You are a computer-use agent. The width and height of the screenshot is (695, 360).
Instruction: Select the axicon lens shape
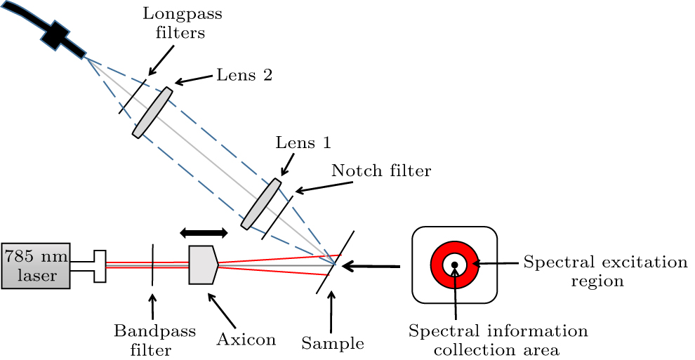tap(203, 265)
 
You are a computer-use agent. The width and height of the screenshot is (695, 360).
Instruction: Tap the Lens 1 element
tap(260, 204)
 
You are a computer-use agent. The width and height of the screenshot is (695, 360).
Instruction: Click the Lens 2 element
tap(152, 112)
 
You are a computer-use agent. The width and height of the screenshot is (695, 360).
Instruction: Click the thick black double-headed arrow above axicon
tap(204, 232)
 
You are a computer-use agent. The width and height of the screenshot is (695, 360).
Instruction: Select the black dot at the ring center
tap(454, 265)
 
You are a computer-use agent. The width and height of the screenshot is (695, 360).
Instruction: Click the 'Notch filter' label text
tap(380, 170)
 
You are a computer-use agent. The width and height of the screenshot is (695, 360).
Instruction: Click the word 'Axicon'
tap(246, 340)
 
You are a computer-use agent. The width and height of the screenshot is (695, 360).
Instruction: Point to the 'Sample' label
tap(333, 343)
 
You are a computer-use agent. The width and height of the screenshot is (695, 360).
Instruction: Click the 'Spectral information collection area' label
tap(498, 339)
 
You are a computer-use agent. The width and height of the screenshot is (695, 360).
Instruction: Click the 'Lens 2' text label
tap(244, 74)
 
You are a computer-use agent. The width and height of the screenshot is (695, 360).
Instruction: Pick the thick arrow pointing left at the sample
tap(372, 266)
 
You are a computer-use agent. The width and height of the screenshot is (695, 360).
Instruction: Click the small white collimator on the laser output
tap(98, 265)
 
